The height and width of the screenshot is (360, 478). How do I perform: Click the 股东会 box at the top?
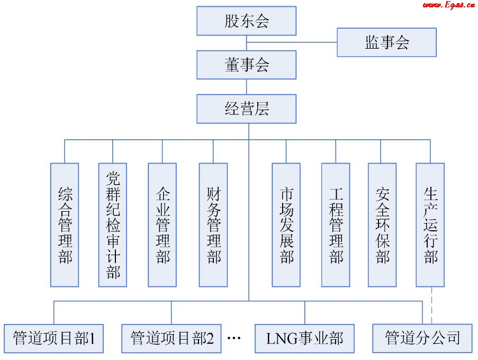tap(246, 22)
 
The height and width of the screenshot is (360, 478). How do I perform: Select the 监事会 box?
tap(386, 42)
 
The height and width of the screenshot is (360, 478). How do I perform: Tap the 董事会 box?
tap(246, 65)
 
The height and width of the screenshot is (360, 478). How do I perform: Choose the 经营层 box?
tap(246, 109)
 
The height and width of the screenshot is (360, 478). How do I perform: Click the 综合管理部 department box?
tap(65, 225)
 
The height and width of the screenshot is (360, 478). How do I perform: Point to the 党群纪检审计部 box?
tap(113, 225)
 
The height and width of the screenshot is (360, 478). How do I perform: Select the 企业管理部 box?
tap(162, 225)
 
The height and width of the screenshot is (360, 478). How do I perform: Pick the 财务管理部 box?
tap(213, 225)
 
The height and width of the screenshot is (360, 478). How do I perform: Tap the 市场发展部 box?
tap(286, 225)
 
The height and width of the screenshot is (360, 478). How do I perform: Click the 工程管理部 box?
tap(336, 225)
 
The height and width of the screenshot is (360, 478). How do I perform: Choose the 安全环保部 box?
tap(382, 225)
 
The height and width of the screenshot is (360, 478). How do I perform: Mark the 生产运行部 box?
tap(430, 225)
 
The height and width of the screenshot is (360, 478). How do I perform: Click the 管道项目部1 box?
tap(54, 338)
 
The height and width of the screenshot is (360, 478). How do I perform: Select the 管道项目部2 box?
tap(172, 338)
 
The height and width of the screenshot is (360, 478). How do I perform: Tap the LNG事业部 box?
tap(305, 338)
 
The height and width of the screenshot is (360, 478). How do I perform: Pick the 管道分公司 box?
tap(422, 338)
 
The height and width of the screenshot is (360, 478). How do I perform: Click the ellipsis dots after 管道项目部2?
tap(234, 338)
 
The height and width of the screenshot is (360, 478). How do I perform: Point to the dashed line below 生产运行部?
tap(432, 305)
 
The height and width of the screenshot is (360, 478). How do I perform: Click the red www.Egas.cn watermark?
tap(448, 5)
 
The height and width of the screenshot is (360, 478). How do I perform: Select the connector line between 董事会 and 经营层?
tap(247, 87)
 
